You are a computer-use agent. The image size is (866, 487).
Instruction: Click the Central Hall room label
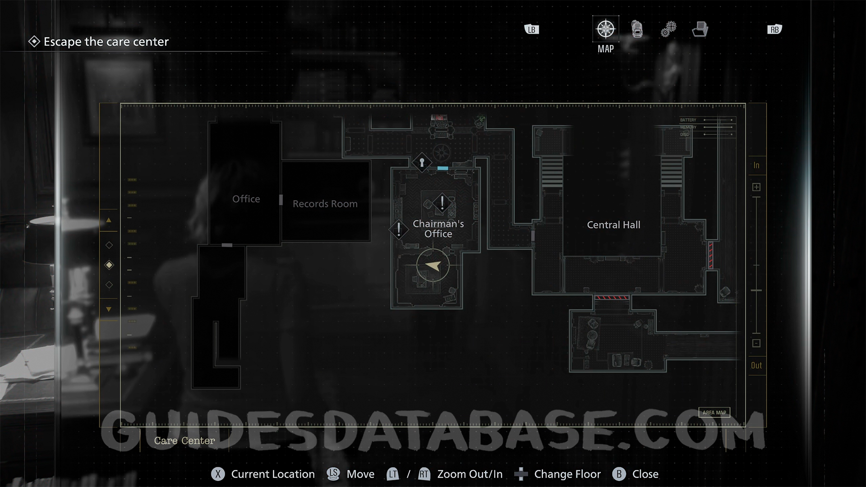click(613, 225)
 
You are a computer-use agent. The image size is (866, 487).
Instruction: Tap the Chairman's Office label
click(438, 229)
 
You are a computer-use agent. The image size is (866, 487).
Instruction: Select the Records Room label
click(325, 204)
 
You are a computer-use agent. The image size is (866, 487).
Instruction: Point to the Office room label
click(246, 199)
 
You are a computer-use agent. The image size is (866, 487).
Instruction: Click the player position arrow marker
click(433, 266)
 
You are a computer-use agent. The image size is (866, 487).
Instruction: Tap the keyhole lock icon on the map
click(422, 162)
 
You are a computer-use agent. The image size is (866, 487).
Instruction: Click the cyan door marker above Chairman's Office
click(442, 168)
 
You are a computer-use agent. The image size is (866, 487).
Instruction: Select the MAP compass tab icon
click(605, 29)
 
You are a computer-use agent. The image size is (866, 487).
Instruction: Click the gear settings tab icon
click(668, 29)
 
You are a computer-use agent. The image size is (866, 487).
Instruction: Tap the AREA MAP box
click(714, 412)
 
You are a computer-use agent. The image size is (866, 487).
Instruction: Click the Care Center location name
click(184, 441)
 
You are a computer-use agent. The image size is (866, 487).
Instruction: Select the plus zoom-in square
click(756, 187)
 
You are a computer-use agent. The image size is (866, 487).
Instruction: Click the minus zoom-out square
click(756, 343)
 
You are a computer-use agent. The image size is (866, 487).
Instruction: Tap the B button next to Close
click(619, 474)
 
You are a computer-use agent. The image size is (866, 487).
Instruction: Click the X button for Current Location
click(218, 474)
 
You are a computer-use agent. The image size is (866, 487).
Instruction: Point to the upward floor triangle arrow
click(109, 221)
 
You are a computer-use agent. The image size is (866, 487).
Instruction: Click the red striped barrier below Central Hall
click(611, 298)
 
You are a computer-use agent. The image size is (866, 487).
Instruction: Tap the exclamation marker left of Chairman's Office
click(399, 229)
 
